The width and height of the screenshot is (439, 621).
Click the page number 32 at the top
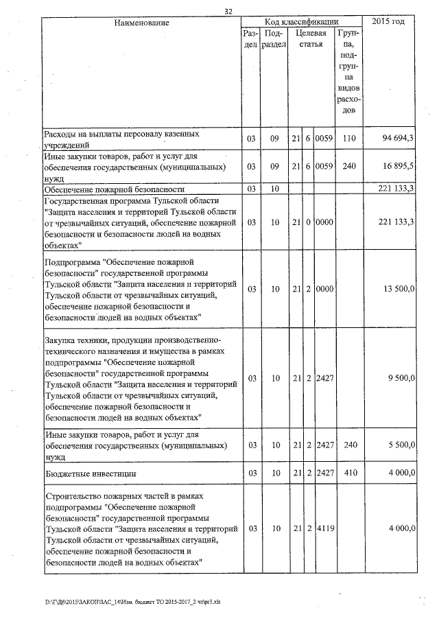pos(228,10)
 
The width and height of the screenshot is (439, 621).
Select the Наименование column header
pos(142,23)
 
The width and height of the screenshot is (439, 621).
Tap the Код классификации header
pos(302,22)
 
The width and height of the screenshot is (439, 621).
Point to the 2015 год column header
pos(388,22)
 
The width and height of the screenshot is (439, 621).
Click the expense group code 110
pos(349,139)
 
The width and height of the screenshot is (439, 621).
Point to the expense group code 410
pos(349,473)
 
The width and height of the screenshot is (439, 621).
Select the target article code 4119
pos(324,529)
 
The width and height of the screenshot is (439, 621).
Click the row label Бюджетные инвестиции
pos(90,473)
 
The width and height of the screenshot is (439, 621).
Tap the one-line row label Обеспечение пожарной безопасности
pos(113,189)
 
